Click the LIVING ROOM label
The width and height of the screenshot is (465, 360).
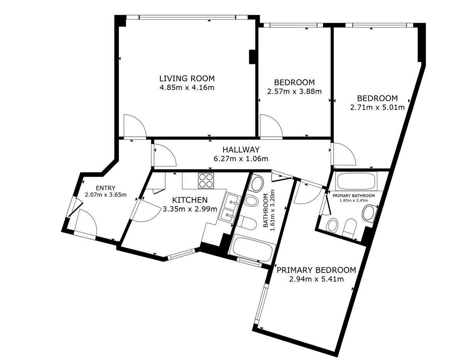click(x=187, y=78)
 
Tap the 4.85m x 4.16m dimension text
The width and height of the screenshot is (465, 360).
click(x=187, y=88)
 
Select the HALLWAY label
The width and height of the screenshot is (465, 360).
click(x=241, y=149)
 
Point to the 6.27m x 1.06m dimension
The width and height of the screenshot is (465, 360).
click(x=241, y=159)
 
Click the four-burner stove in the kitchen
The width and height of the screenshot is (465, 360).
click(x=206, y=181)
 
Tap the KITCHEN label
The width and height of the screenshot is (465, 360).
click(x=190, y=200)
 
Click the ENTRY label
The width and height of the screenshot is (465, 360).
click(x=105, y=188)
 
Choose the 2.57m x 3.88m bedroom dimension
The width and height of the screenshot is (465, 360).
click(x=294, y=92)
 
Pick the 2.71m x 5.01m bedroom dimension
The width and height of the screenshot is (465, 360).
click(x=377, y=107)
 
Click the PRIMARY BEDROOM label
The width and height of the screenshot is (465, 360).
click(x=316, y=270)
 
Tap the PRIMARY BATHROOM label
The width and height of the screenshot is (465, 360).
click(x=353, y=195)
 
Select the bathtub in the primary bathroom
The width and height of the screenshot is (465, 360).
click(x=356, y=182)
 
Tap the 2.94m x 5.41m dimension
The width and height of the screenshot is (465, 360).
click(x=316, y=279)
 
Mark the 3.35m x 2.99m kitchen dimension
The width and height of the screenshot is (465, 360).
click(x=190, y=209)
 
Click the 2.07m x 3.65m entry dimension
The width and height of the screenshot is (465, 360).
click(x=105, y=195)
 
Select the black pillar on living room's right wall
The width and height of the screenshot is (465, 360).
click(x=252, y=57)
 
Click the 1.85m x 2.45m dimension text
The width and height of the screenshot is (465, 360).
click(x=353, y=200)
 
